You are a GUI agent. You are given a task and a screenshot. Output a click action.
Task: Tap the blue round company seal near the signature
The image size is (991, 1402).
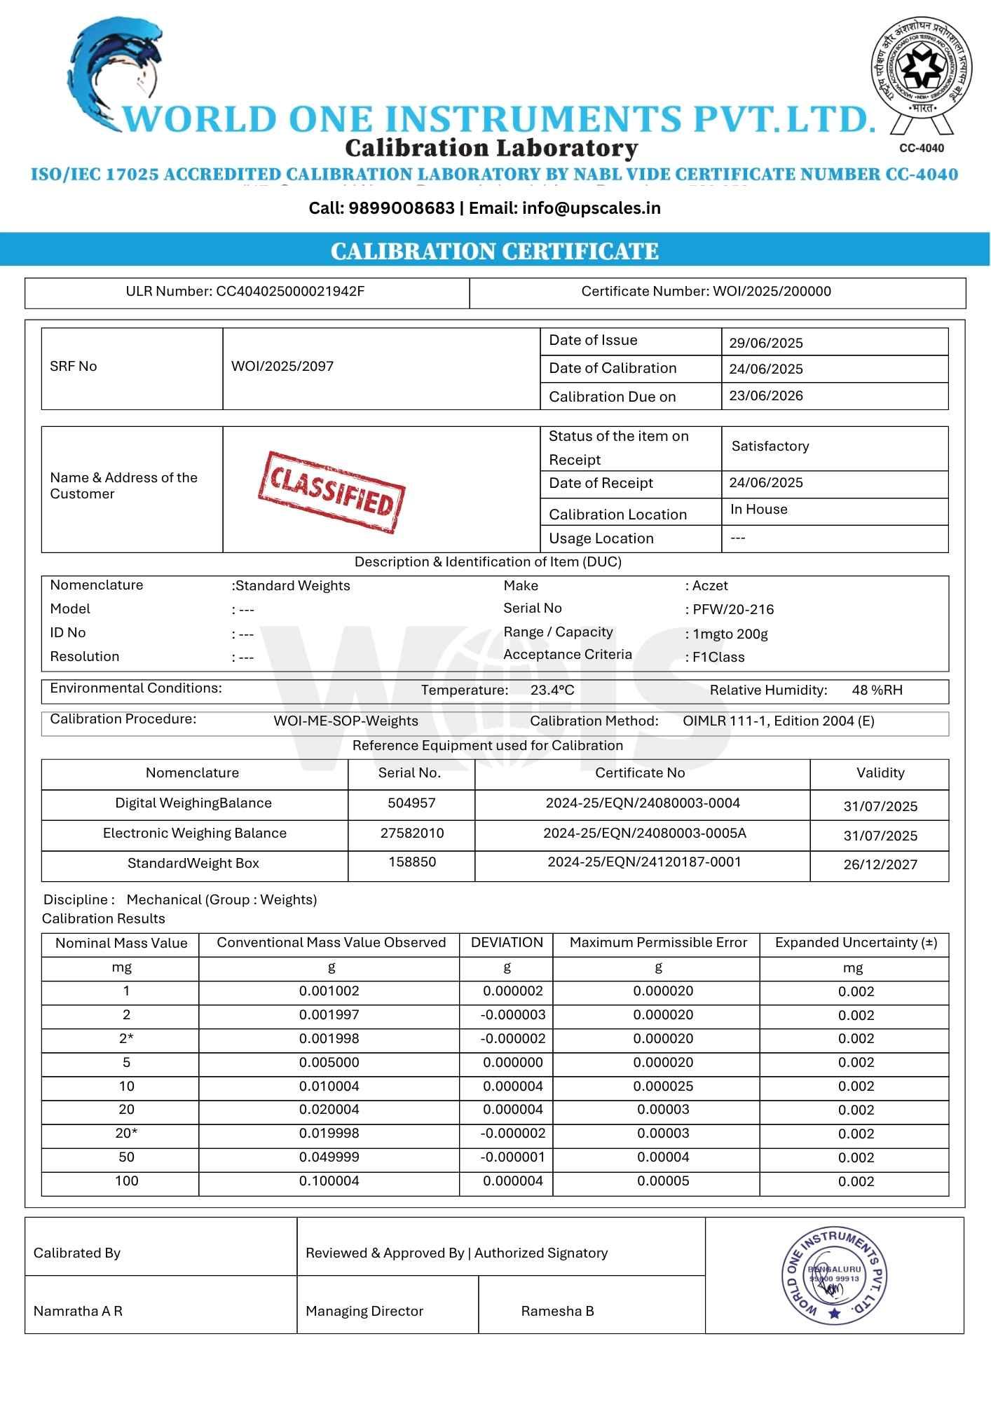tap(834, 1277)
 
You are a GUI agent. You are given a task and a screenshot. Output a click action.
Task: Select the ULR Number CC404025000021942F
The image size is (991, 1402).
tap(289, 292)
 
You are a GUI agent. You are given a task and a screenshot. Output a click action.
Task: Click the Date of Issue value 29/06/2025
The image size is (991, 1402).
tap(765, 343)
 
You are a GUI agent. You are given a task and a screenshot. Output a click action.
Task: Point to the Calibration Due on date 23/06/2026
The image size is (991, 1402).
tap(765, 396)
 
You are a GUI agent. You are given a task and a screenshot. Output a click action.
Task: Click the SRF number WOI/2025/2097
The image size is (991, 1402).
tap(282, 366)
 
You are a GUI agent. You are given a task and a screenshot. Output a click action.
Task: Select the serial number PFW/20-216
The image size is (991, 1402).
tap(733, 610)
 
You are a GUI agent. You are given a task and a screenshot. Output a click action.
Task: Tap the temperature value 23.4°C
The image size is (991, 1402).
tap(552, 690)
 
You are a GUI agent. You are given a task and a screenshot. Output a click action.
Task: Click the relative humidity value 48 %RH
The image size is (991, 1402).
tap(877, 690)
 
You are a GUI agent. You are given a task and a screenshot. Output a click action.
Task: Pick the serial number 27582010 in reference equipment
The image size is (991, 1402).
tap(412, 833)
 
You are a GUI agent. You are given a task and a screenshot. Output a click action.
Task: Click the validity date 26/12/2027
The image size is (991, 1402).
tap(880, 864)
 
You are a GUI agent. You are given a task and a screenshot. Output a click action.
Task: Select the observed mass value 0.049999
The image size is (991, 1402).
tap(329, 1157)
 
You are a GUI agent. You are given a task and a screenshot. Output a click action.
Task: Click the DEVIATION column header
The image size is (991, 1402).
tap(507, 943)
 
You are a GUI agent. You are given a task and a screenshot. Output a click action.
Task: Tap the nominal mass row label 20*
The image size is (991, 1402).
tap(126, 1134)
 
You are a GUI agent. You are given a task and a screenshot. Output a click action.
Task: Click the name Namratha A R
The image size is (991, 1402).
tap(78, 1311)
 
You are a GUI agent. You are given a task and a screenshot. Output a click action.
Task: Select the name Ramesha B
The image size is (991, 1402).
tap(557, 1311)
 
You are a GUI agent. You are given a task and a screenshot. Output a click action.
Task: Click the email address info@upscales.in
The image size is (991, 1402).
tap(591, 208)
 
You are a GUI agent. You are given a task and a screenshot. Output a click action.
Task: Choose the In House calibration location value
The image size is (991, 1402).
tap(758, 510)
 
